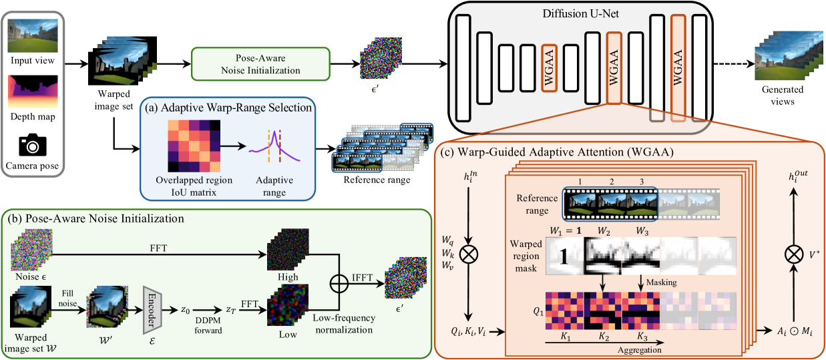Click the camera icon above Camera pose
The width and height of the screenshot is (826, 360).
pos(33,145)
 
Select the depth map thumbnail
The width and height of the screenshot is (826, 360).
pos(33,92)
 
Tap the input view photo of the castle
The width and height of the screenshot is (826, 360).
pos(33,35)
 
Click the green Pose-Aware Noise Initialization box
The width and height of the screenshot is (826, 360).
pos(260,64)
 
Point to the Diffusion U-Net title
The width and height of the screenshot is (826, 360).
pos(580,13)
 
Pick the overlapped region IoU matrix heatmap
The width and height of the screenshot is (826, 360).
pos(194,146)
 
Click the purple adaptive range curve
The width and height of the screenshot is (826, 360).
pos(274,148)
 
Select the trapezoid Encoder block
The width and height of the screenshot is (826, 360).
pos(152,310)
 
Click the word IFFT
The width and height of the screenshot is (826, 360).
pos(362,277)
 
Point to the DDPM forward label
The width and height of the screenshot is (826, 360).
pos(208,325)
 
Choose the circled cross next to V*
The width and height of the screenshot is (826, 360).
pos(793,254)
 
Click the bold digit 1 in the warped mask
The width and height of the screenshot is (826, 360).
pos(564,256)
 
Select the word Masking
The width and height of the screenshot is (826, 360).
pos(662,283)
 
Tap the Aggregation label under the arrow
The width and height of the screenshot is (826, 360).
pos(640,350)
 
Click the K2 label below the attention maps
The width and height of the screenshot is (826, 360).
pos(604,337)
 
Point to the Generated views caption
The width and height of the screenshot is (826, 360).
pos(783,96)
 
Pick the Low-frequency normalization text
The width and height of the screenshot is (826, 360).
pos(344,324)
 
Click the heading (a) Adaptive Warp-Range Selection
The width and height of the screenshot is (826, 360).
pos(228,108)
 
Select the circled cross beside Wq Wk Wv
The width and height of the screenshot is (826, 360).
pos(469,254)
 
